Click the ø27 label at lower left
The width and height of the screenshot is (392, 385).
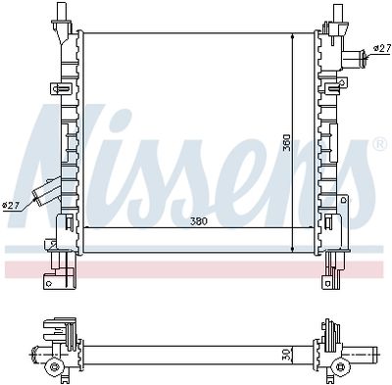[12, 205]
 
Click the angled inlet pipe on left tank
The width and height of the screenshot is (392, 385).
[45, 194]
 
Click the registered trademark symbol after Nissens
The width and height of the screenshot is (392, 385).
[378, 146]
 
